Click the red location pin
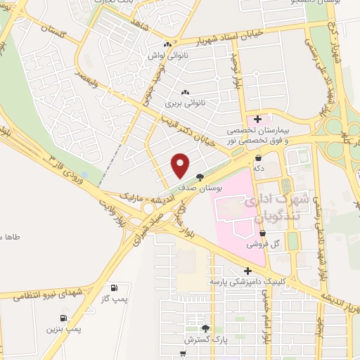point(181,165)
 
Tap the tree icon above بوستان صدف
point(200,177)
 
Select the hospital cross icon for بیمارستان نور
point(258,119)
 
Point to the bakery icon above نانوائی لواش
point(167,43)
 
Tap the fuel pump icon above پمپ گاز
point(114,288)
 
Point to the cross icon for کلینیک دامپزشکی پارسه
point(247,270)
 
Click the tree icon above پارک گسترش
point(205,328)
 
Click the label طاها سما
point(10,237)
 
